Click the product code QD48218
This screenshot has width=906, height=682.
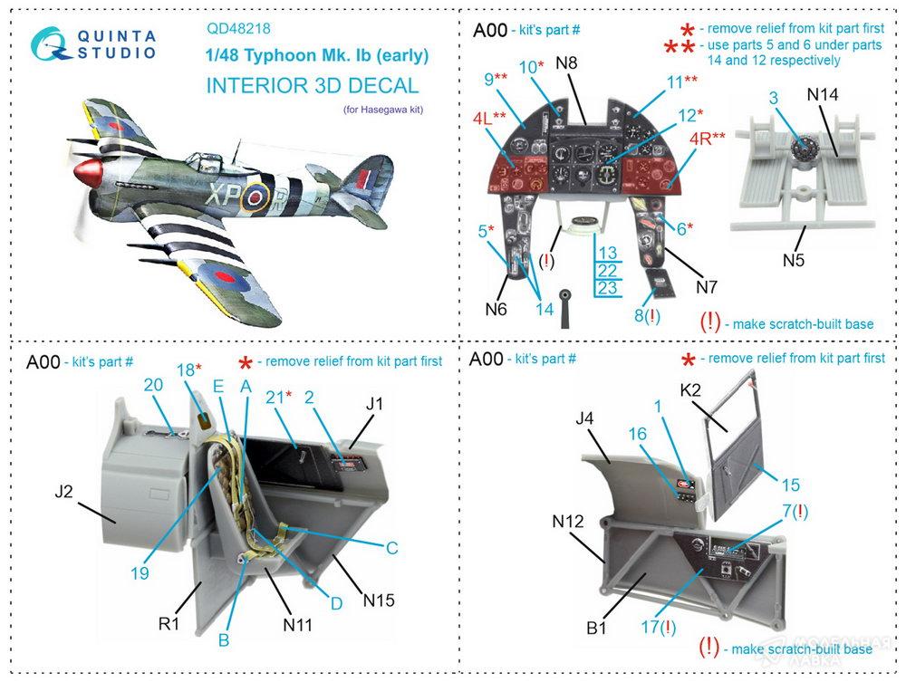click(x=239, y=28)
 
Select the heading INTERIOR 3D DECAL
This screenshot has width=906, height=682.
click(x=313, y=86)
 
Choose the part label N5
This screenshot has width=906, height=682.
click(x=794, y=261)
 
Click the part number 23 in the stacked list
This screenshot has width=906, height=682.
click(x=607, y=288)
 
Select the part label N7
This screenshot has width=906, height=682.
click(x=707, y=287)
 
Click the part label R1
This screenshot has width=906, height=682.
click(x=170, y=625)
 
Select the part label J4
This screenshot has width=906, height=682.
click(x=583, y=418)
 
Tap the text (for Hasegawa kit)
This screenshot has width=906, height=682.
click(x=383, y=110)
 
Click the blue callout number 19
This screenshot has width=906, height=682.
click(x=138, y=572)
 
